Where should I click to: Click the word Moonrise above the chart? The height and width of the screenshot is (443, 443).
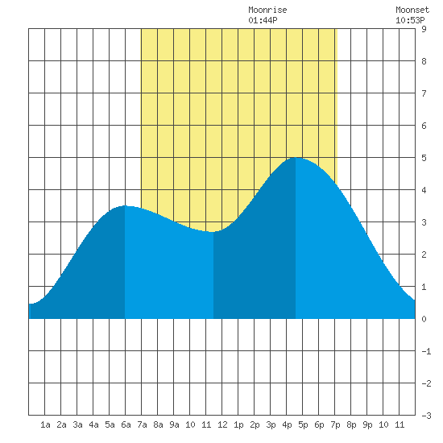267,10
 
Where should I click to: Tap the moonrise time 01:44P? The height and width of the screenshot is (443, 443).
263,20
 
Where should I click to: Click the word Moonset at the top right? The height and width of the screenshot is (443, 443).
412,10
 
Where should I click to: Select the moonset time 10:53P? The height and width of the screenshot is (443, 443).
410,20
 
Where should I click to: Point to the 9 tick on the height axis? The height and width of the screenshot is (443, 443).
424,29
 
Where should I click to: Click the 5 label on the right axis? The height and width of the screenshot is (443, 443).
424,158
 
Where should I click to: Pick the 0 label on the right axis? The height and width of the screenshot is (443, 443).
424,319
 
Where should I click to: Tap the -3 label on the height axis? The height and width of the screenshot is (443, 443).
426,416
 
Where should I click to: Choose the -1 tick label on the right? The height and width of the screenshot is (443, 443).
426,351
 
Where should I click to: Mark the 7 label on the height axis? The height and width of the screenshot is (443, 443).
424,93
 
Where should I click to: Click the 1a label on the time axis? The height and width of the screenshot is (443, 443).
45,424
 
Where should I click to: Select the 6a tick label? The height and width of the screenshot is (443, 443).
126,424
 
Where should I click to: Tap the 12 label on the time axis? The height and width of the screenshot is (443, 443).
222,424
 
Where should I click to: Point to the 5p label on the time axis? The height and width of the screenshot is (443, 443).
303,424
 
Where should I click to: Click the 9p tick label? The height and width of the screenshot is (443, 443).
367,424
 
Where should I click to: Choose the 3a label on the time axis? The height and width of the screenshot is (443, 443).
77,424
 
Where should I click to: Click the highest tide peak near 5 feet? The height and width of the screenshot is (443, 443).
296,158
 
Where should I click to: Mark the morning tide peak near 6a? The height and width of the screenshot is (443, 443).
125,205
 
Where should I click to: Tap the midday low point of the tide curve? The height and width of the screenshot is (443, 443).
213,232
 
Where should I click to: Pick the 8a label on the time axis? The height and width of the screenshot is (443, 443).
158,424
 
